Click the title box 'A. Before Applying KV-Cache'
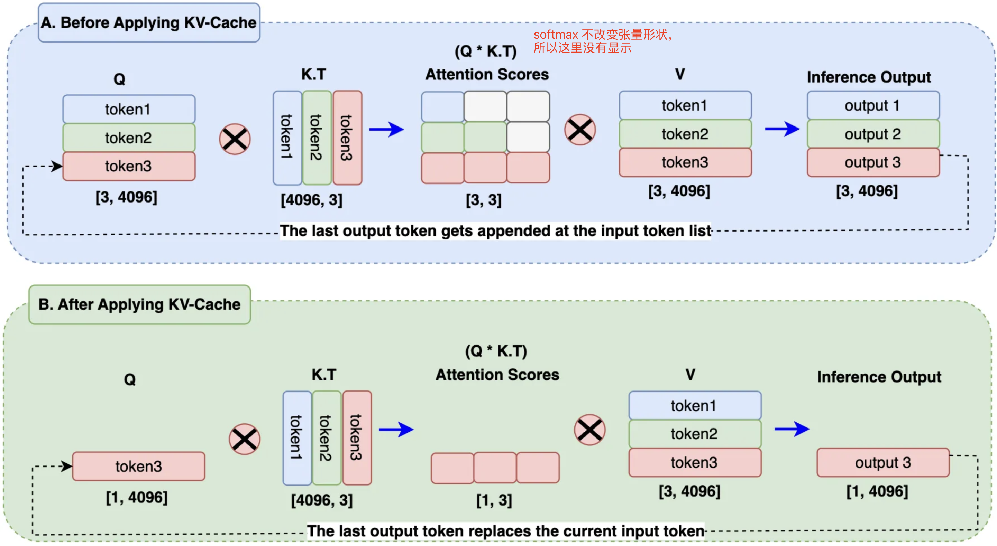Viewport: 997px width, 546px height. click(x=149, y=23)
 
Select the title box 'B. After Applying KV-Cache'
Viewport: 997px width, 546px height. click(x=140, y=305)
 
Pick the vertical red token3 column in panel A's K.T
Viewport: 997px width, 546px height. click(x=347, y=138)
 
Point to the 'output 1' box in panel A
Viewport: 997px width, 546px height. click(x=873, y=105)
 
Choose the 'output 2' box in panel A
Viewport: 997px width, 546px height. click(x=873, y=134)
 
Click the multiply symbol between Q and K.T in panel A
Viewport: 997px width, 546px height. click(x=235, y=139)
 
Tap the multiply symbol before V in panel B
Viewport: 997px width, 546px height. click(x=589, y=430)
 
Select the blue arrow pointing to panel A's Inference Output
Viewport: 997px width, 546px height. click(x=782, y=129)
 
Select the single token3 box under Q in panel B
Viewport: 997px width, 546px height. click(x=139, y=466)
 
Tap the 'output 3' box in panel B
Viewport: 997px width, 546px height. click(x=883, y=462)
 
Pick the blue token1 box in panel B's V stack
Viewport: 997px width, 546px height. click(x=695, y=406)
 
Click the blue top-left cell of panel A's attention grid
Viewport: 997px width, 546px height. click(x=442, y=106)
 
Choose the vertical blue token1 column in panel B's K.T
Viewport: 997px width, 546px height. click(x=297, y=438)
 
